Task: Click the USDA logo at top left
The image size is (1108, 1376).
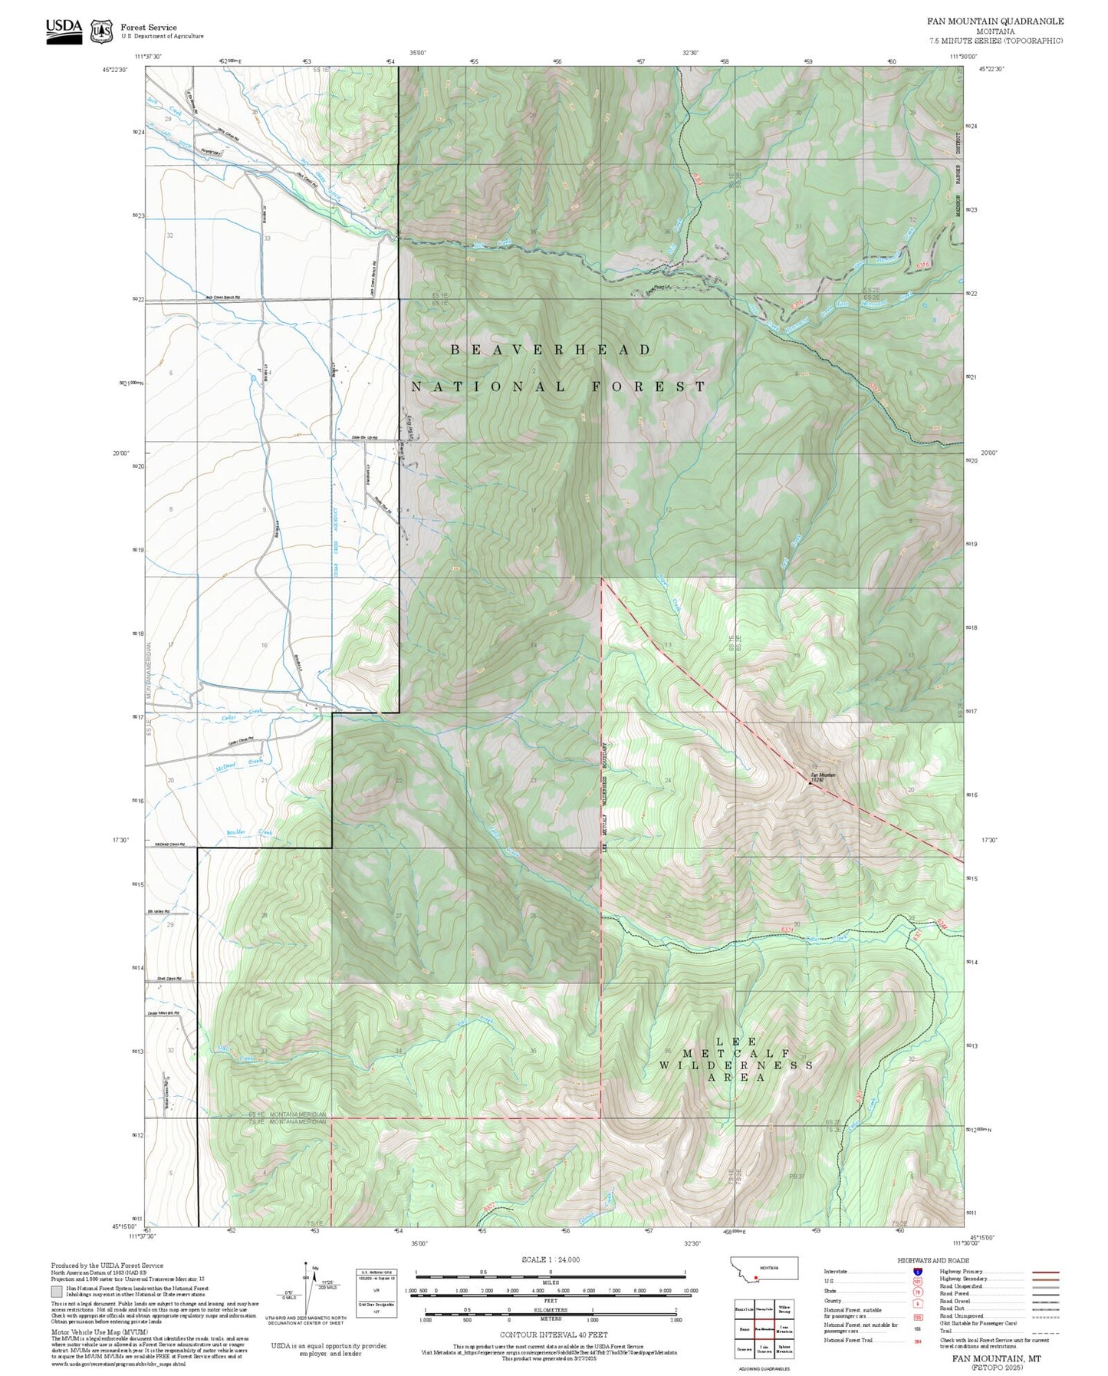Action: [64, 29]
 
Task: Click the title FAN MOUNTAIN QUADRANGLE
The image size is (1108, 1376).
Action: [995, 21]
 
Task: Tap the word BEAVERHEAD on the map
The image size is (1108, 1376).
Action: [551, 350]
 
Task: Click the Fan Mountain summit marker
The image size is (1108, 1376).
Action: [810, 783]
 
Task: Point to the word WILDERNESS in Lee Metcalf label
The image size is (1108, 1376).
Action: [736, 1065]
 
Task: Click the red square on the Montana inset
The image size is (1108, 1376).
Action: [757, 1278]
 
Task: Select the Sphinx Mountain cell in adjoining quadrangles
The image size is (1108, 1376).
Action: [784, 1349]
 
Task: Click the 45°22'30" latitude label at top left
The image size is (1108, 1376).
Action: [114, 69]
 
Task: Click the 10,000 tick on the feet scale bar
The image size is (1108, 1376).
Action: [690, 1291]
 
